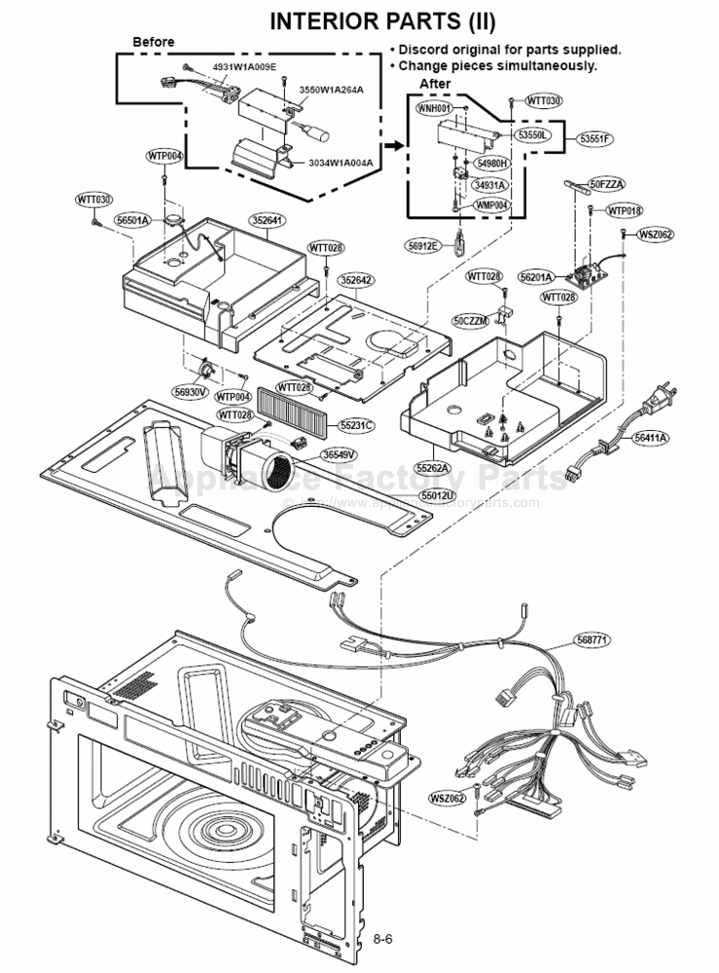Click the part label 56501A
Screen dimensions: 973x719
point(132,221)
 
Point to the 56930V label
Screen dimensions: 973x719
point(191,391)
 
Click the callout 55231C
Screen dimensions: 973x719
point(356,425)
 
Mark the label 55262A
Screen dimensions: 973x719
point(434,468)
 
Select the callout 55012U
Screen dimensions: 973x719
point(437,495)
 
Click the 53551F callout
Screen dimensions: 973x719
point(593,138)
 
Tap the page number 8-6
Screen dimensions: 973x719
point(382,939)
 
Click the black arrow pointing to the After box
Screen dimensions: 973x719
point(391,145)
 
